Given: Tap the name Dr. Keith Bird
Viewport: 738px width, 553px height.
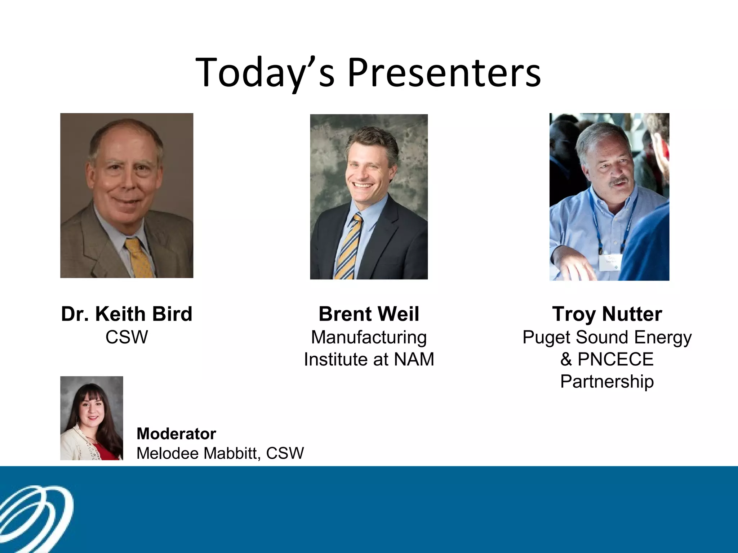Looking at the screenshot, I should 126,314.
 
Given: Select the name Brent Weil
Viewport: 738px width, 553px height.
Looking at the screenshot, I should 369,314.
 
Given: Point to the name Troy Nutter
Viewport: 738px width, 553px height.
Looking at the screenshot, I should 607,314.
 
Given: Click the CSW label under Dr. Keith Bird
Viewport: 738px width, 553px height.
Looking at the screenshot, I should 126,337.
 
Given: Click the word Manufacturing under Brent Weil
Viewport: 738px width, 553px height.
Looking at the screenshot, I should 369,337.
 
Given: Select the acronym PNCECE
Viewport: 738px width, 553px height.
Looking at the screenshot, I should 615,359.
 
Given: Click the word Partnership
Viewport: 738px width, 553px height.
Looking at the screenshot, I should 607,381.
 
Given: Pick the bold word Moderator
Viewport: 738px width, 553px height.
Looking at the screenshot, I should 176,434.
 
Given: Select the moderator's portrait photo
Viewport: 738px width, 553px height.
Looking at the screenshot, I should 92,418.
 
